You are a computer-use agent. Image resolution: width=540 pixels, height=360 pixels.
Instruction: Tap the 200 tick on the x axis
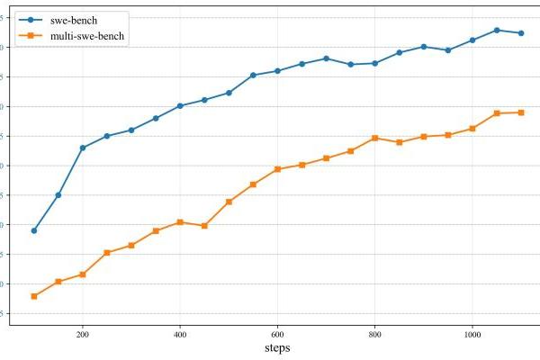tap(83, 334)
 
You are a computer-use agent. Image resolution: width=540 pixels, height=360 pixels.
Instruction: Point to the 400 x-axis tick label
tap(180, 334)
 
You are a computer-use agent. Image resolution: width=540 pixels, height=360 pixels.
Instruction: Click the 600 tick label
tap(277, 334)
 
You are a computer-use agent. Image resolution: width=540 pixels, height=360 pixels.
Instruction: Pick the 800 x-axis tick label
tap(374, 334)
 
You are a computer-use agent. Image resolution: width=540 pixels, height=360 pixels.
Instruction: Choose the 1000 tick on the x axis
tap(472, 334)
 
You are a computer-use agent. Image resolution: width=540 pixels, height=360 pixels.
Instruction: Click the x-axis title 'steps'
tap(277, 348)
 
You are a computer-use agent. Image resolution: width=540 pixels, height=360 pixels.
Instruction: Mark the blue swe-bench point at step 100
tap(34, 230)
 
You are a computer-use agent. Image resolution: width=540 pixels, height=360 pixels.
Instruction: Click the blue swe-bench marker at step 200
tap(83, 148)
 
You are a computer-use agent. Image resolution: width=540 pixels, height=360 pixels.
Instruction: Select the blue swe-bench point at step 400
tap(180, 106)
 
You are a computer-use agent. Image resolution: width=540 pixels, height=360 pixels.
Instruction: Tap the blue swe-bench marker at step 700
tap(326, 58)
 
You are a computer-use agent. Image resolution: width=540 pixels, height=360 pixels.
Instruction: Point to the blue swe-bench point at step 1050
tap(497, 30)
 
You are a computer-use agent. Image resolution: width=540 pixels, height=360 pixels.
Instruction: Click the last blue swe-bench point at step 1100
tap(521, 33)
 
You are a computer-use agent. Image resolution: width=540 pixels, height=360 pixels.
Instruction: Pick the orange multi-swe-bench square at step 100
tap(34, 296)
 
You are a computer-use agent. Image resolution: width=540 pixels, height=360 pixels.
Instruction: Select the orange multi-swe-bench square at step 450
tap(204, 226)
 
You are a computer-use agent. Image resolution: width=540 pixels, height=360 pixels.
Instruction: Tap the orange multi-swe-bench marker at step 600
tap(277, 169)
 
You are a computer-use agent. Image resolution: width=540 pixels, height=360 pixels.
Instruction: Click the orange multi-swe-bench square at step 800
tap(374, 138)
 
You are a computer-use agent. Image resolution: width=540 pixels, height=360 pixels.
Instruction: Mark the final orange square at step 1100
tap(521, 112)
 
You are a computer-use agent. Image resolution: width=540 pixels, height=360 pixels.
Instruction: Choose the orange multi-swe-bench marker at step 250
tap(107, 253)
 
